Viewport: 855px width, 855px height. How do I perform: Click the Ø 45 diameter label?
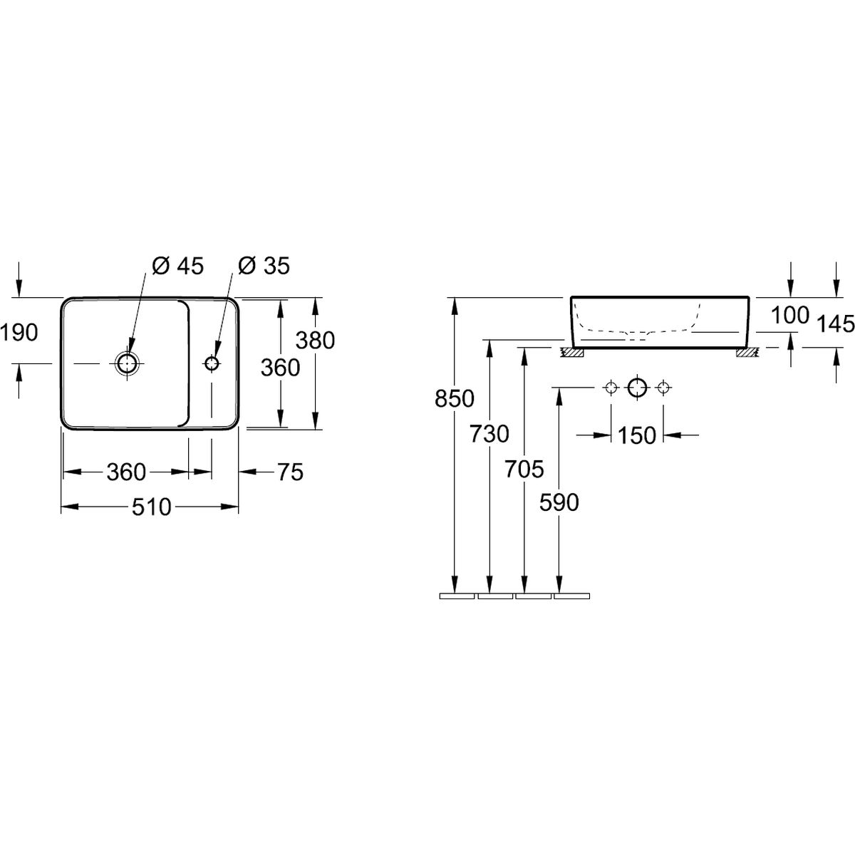pyautogui.click(x=177, y=266)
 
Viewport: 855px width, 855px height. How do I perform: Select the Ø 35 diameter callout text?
pyautogui.click(x=264, y=266)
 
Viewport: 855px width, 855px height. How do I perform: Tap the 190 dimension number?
pyautogui.click(x=19, y=332)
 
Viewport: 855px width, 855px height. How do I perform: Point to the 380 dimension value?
pyautogui.click(x=315, y=341)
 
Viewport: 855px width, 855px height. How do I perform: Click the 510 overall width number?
pyautogui.click(x=151, y=507)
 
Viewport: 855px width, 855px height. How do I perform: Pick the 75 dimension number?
pyautogui.click(x=291, y=472)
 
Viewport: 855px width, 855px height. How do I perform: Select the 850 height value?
pyautogui.click(x=455, y=398)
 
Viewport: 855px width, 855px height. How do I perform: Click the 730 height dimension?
pyautogui.click(x=489, y=434)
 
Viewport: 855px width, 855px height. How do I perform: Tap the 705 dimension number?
pyautogui.click(x=524, y=469)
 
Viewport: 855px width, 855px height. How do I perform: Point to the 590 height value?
pyautogui.click(x=559, y=503)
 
